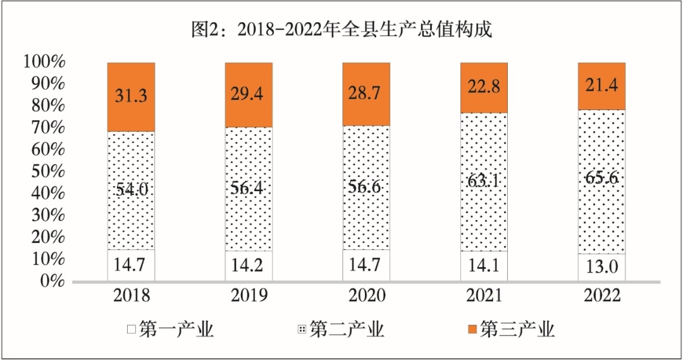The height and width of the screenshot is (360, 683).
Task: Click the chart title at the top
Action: tap(341, 30)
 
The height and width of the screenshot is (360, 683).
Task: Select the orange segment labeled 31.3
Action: tap(131, 97)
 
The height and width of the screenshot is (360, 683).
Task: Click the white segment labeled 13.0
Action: tap(602, 267)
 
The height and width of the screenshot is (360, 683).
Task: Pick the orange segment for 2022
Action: tap(602, 86)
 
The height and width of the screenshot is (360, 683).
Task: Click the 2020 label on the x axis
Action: tap(366, 296)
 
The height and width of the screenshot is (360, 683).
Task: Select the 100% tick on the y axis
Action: tap(44, 62)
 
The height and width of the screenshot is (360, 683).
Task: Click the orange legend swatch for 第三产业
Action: tap(472, 330)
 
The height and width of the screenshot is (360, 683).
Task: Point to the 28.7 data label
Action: tap(366, 94)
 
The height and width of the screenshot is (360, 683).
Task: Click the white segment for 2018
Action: tap(131, 265)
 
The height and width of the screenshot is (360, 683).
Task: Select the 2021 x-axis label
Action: tap(484, 296)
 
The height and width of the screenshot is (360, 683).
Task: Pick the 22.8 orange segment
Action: tap(484, 87)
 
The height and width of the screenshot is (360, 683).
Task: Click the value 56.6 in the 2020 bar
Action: tap(366, 187)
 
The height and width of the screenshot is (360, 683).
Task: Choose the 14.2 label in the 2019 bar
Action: tap(249, 265)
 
